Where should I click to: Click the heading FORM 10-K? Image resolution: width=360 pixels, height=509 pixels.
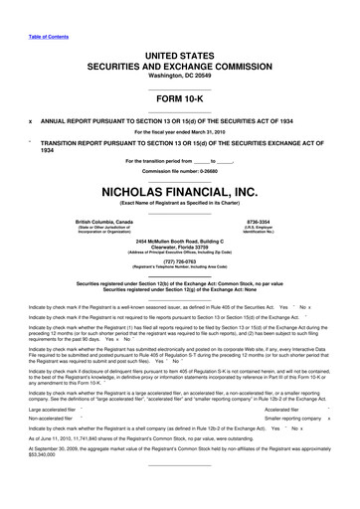pyautogui.click(x=179, y=101)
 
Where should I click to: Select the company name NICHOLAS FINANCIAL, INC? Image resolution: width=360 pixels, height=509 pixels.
pyautogui.click(x=179, y=190)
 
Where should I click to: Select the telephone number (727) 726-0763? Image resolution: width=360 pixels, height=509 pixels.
pyautogui.click(x=179, y=263)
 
